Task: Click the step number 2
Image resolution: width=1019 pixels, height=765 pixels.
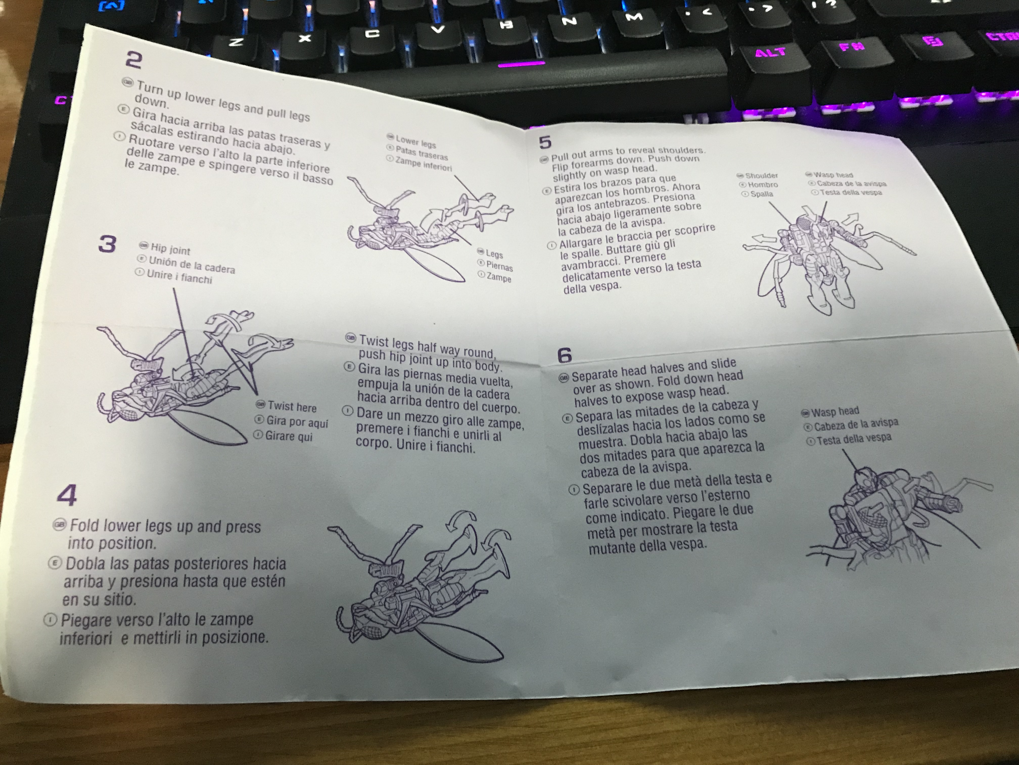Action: coord(134,60)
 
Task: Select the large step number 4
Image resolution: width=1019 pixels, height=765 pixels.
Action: coord(67,495)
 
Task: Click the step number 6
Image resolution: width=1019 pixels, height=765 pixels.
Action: coord(564,355)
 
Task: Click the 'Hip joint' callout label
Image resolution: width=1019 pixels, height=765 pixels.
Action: coord(170,249)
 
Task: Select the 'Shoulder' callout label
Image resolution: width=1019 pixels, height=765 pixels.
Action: coord(761,176)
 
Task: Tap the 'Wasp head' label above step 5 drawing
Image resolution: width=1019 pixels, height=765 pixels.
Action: coord(833,175)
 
